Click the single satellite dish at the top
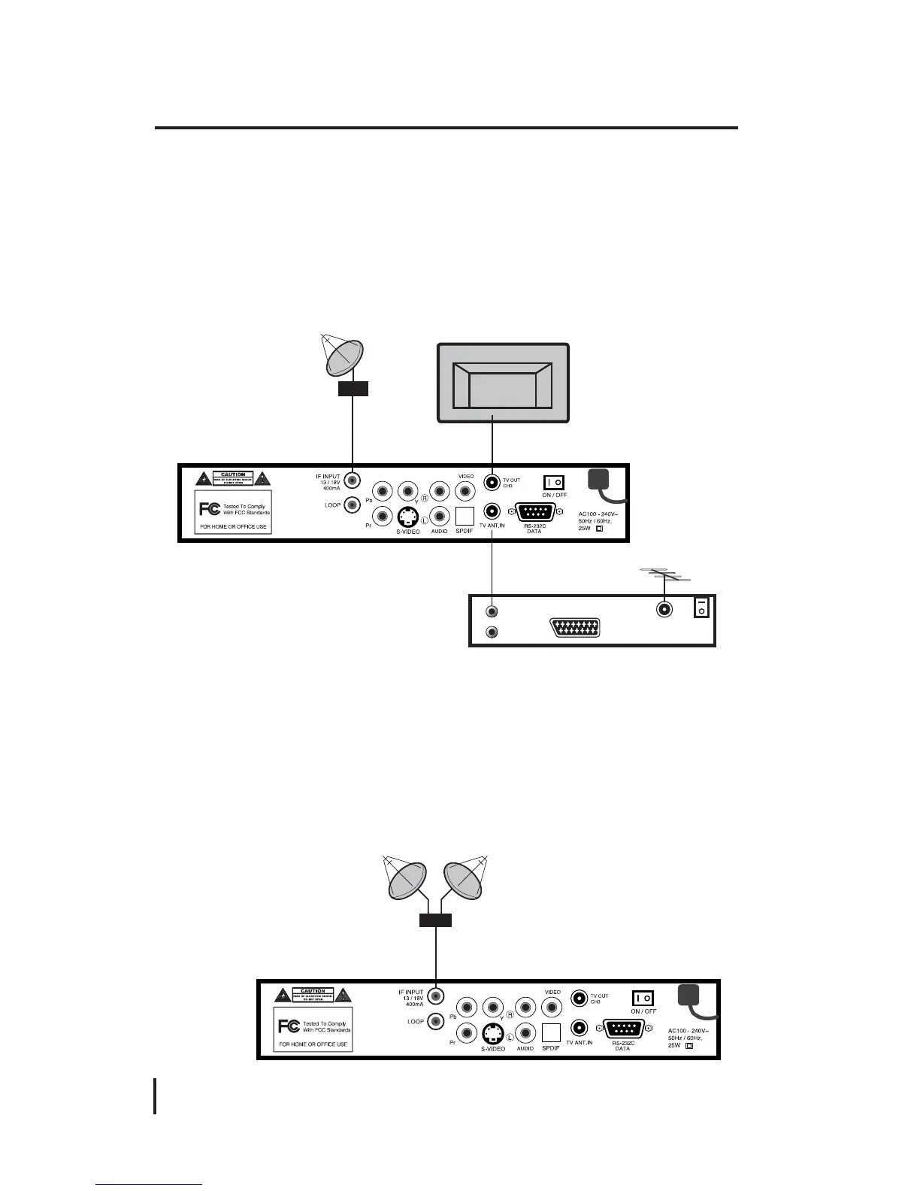click(x=344, y=358)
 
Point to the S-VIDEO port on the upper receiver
click(x=408, y=517)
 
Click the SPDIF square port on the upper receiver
click(x=465, y=516)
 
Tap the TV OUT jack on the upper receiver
click(x=492, y=481)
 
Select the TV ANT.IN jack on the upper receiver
click(x=492, y=511)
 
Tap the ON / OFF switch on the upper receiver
click(x=553, y=481)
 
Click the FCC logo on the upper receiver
click(x=210, y=508)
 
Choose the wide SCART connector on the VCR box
click(x=575, y=628)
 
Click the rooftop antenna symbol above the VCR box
click(x=664, y=577)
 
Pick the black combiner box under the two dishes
click(x=435, y=920)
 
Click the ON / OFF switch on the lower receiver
click(x=643, y=999)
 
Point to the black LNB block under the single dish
click(x=353, y=389)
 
